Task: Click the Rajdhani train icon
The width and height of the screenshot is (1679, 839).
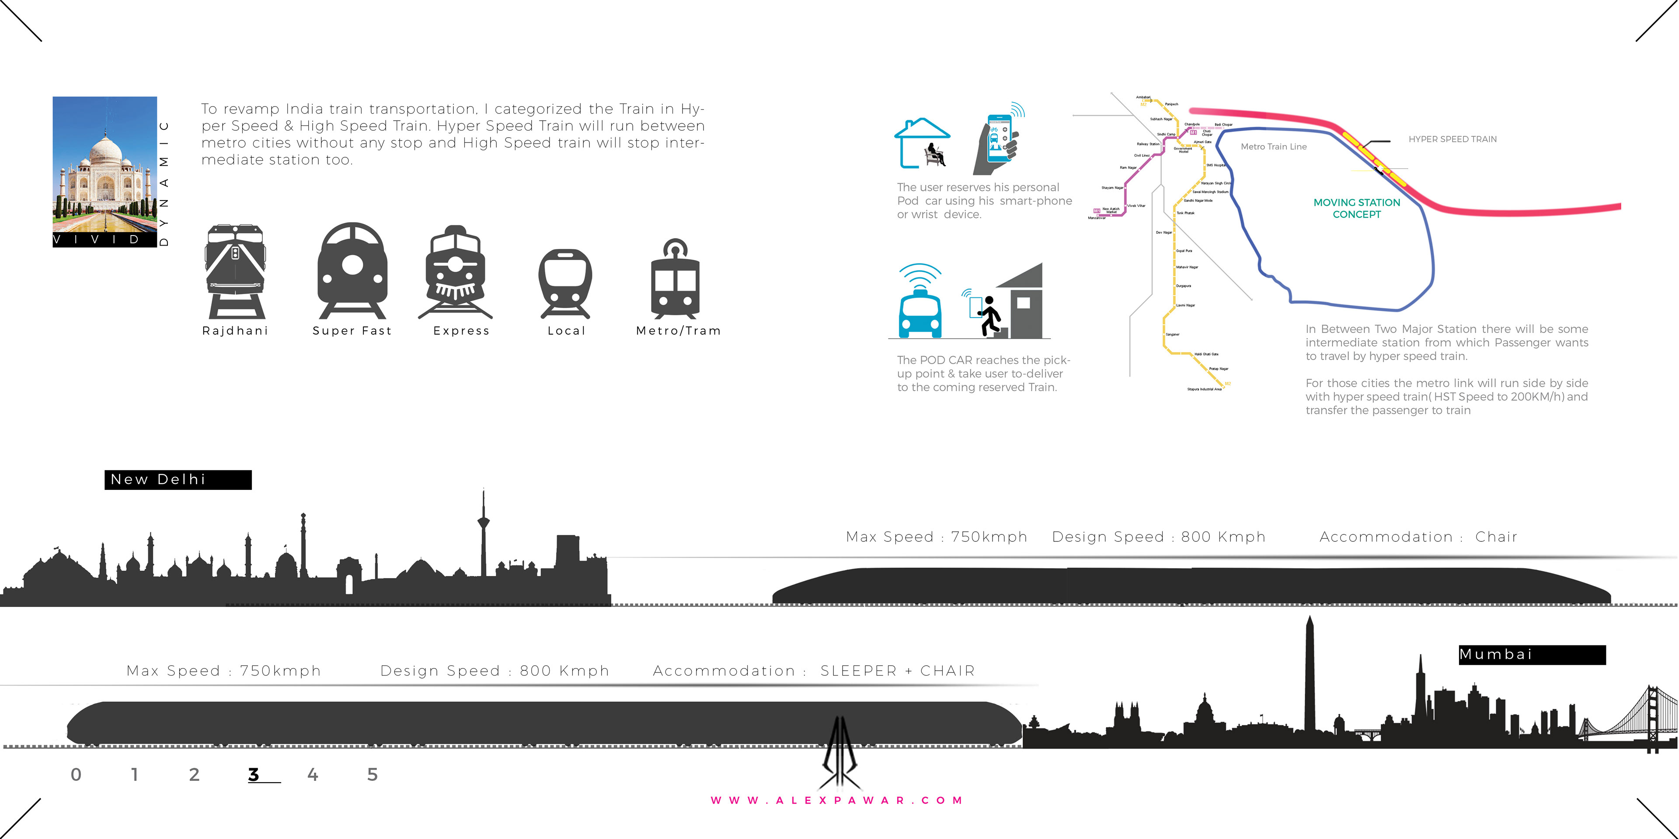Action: (x=235, y=271)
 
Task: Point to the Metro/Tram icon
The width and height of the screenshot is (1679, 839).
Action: (x=675, y=279)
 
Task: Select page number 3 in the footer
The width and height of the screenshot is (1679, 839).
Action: (x=254, y=774)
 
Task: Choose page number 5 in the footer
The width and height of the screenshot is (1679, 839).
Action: (x=372, y=774)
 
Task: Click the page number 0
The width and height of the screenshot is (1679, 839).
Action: (x=76, y=774)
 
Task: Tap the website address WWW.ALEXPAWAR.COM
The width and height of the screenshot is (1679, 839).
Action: (x=836, y=801)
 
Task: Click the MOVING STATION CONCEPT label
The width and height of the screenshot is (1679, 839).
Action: (x=1356, y=208)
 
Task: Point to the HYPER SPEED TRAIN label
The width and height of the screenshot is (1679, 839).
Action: (x=1452, y=139)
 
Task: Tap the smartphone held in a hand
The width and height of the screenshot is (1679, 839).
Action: (x=997, y=139)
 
